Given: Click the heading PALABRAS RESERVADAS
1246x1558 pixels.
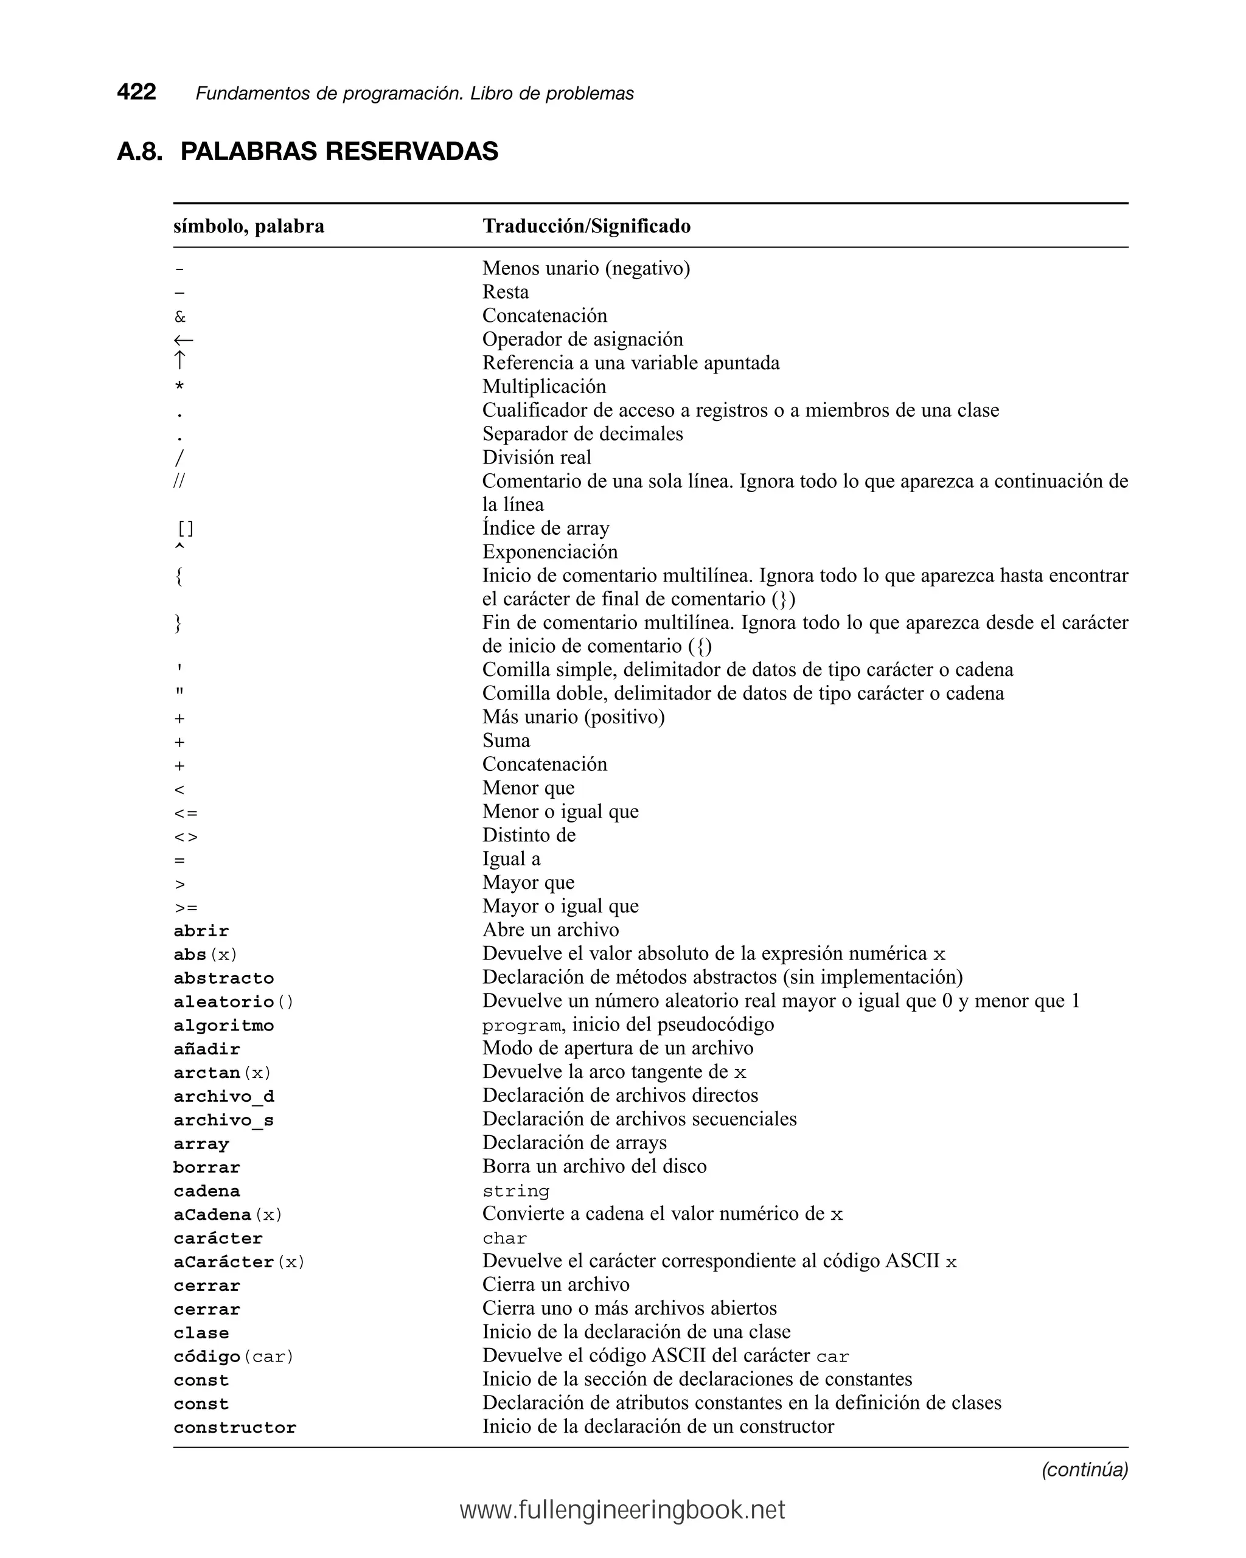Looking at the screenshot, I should tap(339, 151).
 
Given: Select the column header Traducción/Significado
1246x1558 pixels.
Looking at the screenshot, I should tap(586, 226).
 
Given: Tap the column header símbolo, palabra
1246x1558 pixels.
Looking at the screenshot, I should tap(249, 226).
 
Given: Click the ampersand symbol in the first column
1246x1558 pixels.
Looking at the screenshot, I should tap(180, 316).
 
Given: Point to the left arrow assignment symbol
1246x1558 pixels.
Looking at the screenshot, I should tap(183, 339).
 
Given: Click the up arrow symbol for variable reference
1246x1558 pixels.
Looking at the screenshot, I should tap(180, 361).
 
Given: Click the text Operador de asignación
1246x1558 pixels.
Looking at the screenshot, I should tap(582, 339).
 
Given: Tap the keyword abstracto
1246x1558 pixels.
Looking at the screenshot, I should tap(223, 978).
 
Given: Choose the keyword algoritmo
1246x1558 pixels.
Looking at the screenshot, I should tap(223, 1026).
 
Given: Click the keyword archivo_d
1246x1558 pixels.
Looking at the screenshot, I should tap(223, 1096).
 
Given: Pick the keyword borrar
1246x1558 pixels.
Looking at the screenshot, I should tap(207, 1167).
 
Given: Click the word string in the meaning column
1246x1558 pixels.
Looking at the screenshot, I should tap(515, 1191).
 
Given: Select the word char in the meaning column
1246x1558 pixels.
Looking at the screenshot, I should tap(504, 1238).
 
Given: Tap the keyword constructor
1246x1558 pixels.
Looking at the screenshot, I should tap(235, 1427).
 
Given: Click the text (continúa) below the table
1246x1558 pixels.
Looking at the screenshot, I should tap(1084, 1469).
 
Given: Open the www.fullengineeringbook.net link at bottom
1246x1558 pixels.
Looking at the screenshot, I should tap(622, 1511).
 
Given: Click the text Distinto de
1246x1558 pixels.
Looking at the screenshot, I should tap(529, 835).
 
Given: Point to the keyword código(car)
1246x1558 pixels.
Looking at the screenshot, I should tap(234, 1357).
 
